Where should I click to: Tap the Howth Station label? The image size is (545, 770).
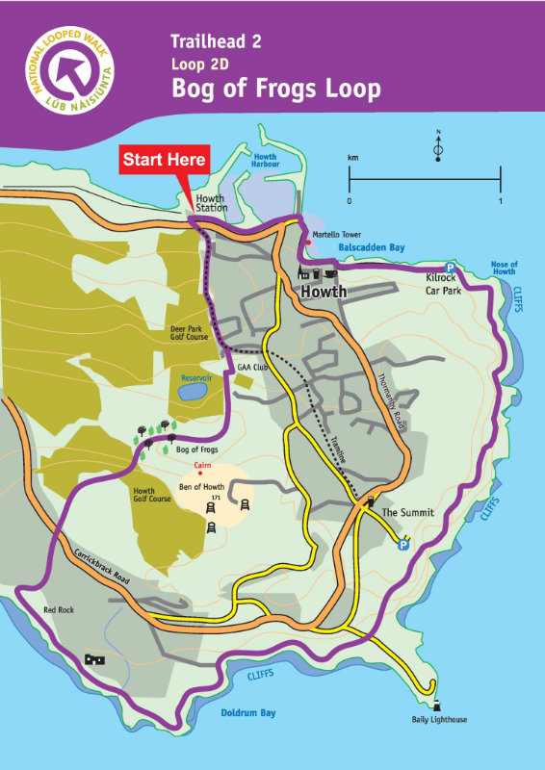tap(210, 203)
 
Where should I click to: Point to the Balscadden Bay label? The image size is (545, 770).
tap(372, 247)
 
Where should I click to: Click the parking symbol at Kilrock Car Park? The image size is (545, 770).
tap(449, 268)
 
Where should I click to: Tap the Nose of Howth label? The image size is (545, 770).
tap(504, 268)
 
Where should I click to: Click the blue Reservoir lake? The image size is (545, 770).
tap(192, 391)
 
